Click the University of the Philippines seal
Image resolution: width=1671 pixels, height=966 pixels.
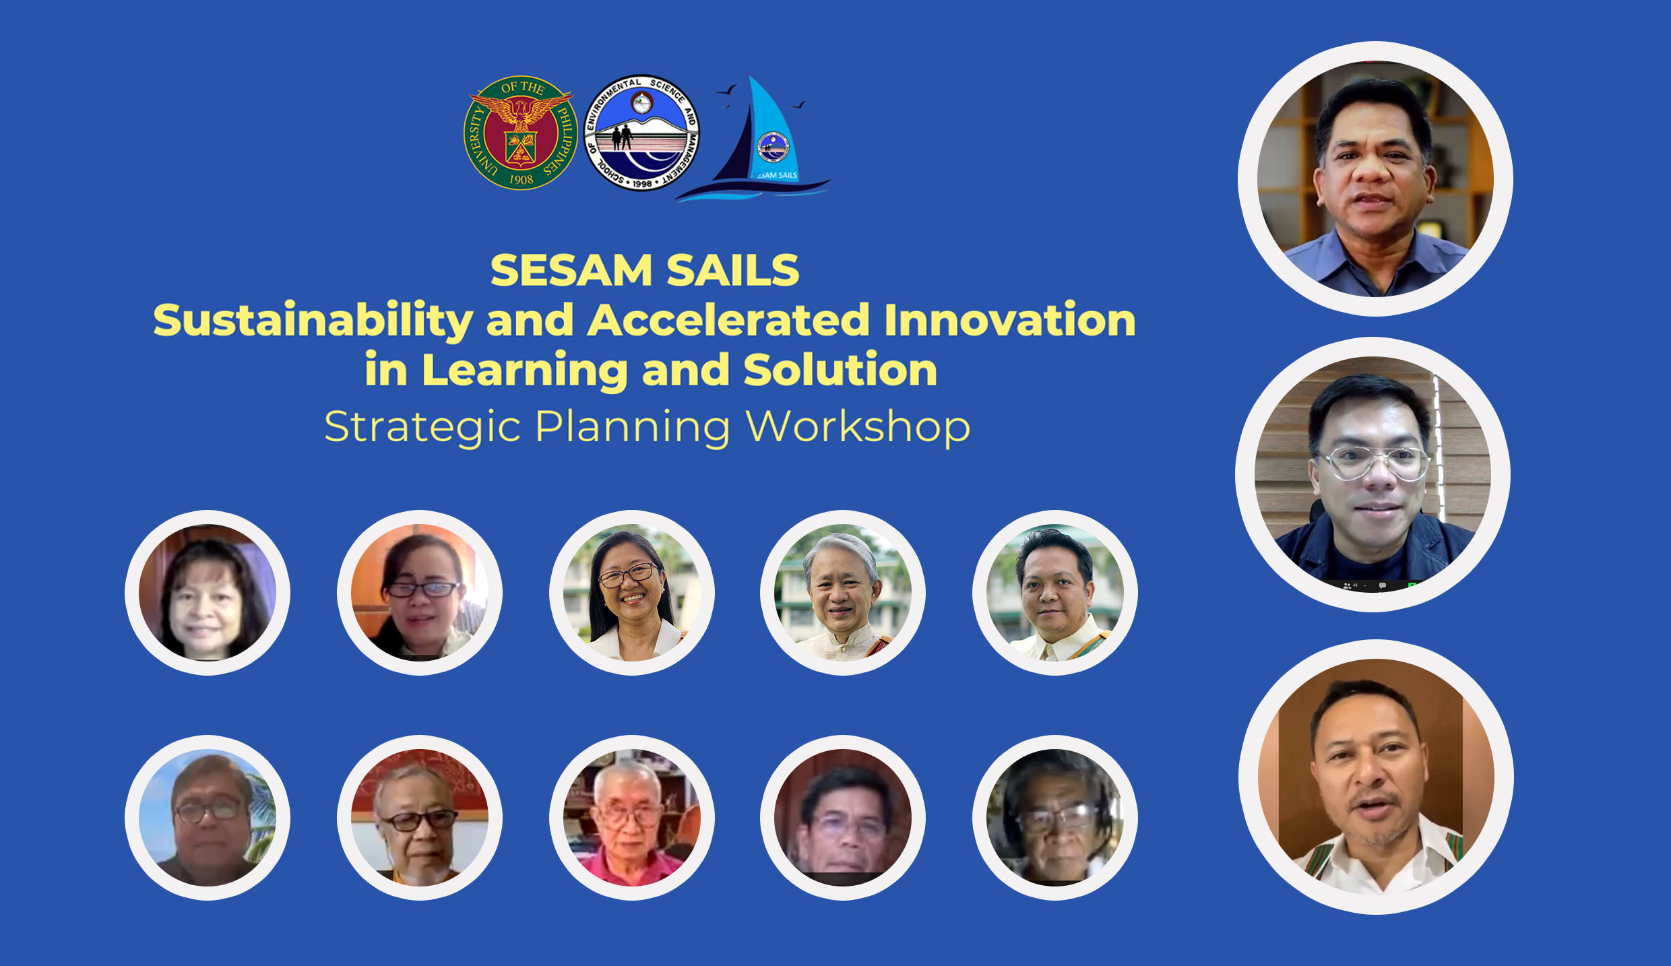521,132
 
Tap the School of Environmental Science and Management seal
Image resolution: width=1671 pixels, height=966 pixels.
641,132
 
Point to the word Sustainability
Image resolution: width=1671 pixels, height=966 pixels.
313,321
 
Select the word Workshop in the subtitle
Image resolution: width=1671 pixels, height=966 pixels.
858,428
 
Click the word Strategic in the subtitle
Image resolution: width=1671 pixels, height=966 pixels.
422,428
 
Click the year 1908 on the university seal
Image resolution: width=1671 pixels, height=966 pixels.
521,180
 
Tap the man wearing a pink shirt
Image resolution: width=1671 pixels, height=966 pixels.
632,818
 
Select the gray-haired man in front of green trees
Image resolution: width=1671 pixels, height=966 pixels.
843,593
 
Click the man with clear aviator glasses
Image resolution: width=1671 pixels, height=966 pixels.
1373,474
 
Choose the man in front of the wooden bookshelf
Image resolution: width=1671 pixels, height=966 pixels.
1375,179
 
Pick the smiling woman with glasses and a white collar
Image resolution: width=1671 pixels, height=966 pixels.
632,593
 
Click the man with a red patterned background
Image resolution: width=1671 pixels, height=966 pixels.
420,818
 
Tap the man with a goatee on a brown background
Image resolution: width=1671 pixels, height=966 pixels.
1376,777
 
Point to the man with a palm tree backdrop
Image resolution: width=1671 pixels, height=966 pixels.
208,818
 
